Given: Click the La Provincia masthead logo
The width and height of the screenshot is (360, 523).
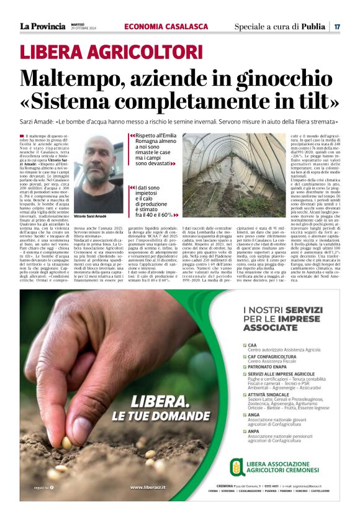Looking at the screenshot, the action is click(x=42, y=26).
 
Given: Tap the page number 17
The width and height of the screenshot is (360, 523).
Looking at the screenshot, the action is click(x=336, y=27).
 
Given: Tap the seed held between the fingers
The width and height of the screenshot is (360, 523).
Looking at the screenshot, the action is click(x=66, y=442).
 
